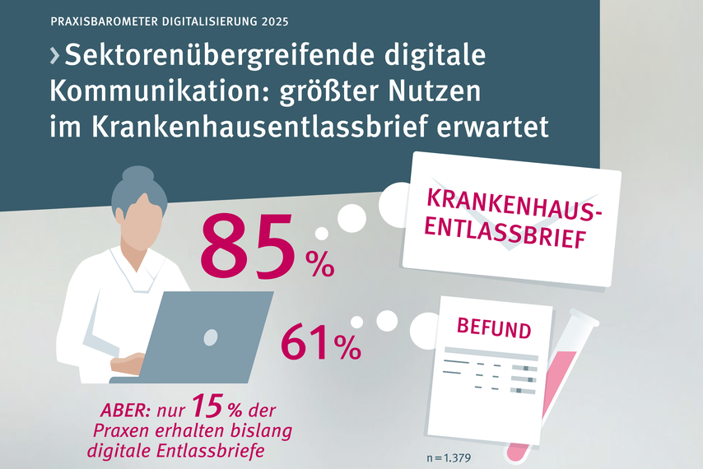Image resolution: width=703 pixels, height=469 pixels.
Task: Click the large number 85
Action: coord(246,244)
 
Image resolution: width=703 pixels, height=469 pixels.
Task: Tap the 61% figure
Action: coord(320,343)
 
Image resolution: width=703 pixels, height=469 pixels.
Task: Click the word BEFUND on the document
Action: coord(494,331)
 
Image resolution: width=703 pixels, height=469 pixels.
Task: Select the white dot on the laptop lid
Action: coord(211,337)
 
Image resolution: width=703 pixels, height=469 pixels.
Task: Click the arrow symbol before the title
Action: coord(55,57)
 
